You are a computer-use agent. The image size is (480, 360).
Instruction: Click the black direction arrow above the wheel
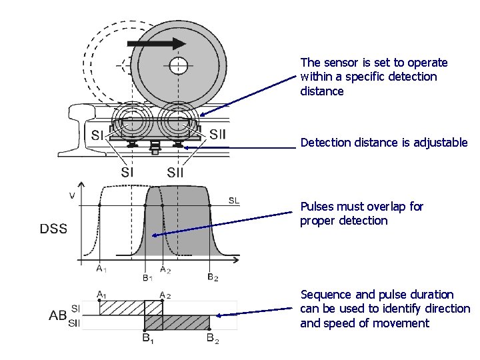click(x=156, y=43)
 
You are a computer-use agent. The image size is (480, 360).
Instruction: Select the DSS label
click(x=53, y=229)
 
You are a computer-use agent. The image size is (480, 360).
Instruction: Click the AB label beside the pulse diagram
click(x=58, y=315)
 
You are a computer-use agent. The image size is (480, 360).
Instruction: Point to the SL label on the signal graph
click(x=234, y=201)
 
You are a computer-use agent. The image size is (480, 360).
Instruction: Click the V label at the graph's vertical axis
click(x=72, y=196)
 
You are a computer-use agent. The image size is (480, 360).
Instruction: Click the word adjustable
click(x=440, y=143)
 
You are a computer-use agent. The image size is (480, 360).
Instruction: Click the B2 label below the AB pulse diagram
click(x=212, y=340)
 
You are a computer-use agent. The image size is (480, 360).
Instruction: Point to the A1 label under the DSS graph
click(x=99, y=269)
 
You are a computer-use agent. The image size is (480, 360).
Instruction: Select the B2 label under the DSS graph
click(x=211, y=277)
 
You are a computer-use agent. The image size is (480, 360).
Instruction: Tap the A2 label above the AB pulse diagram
click(x=165, y=294)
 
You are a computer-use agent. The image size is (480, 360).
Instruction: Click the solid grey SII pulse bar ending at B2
click(x=187, y=322)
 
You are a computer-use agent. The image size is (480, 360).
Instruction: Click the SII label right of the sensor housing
click(x=218, y=135)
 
